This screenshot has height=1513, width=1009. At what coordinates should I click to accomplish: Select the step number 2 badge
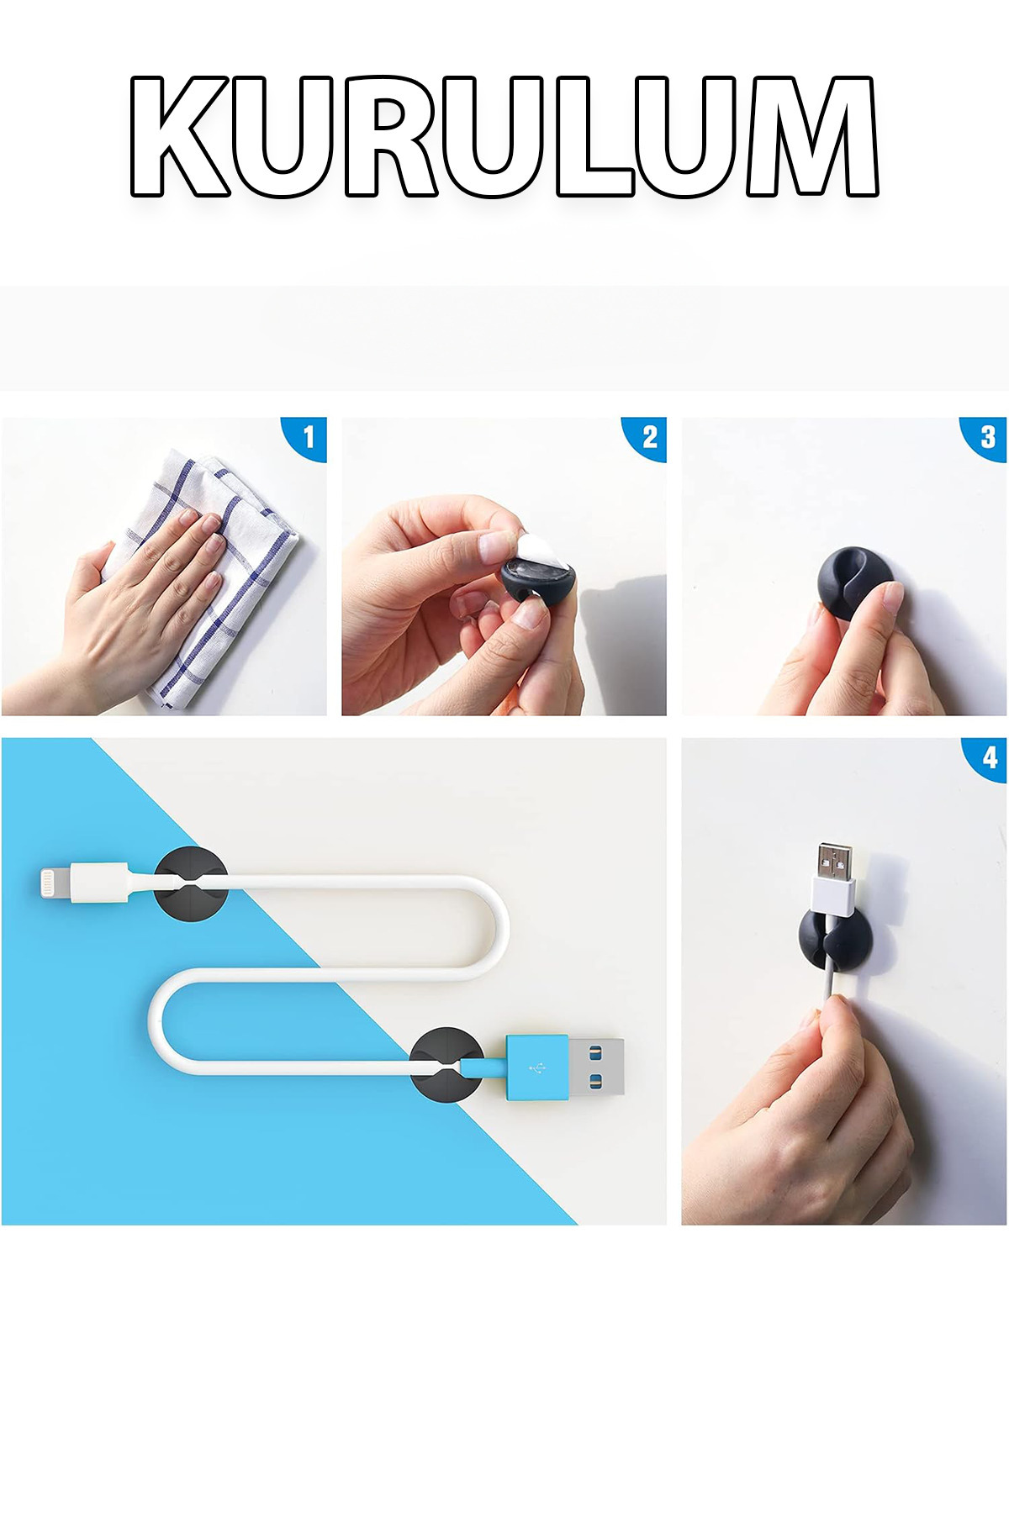coord(645,438)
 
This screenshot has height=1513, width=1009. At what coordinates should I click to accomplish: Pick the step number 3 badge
coord(985,438)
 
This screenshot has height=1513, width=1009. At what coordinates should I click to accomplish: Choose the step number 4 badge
coord(985,759)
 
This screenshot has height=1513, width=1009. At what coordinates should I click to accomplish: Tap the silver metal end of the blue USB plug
coord(596,1067)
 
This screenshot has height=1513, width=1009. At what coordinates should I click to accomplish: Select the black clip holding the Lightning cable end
coord(191,883)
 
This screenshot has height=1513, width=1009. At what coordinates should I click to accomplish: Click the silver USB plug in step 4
coord(834,862)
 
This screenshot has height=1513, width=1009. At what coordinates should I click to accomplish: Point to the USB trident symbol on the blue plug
coord(536,1068)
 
